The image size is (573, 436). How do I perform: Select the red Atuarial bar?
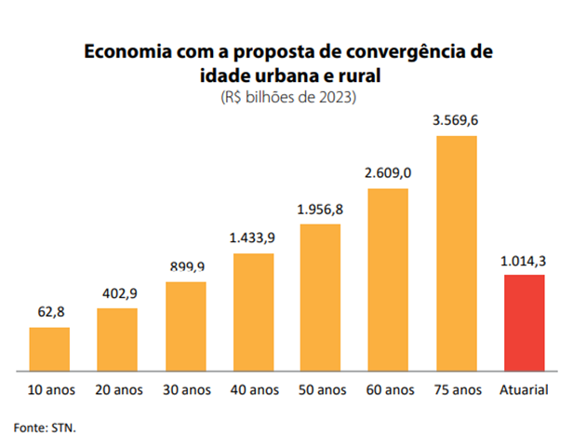click(x=524, y=322)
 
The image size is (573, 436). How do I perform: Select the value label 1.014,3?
click(x=524, y=261)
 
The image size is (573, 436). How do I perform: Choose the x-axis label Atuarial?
click(x=524, y=388)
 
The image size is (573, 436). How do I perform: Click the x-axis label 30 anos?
click(x=186, y=388)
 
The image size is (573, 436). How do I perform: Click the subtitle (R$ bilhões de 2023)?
click(x=287, y=96)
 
